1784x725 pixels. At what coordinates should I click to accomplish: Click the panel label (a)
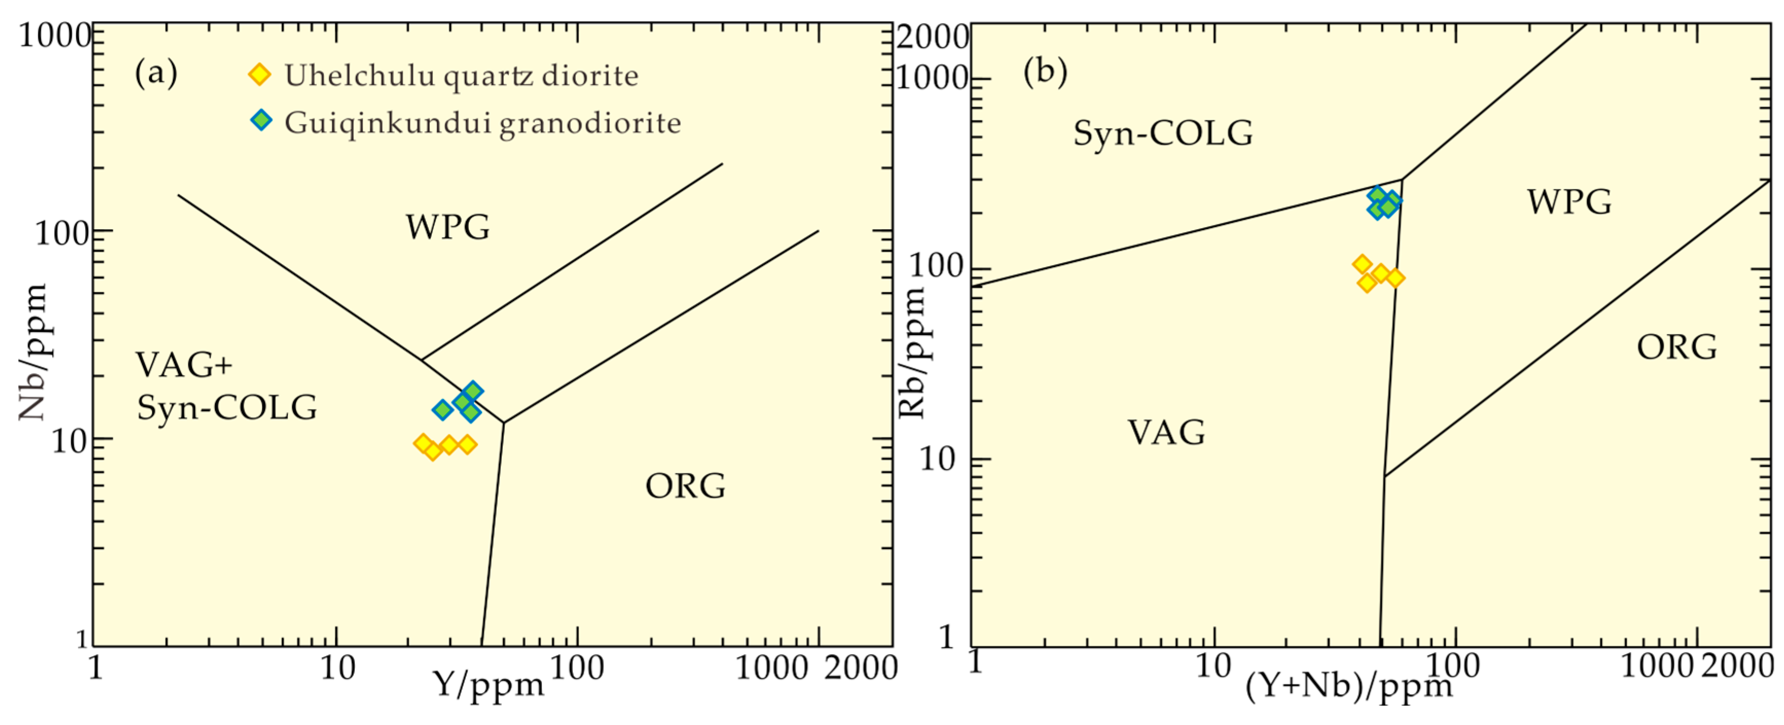coord(156,73)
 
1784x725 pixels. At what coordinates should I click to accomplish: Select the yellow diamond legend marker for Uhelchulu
coord(260,74)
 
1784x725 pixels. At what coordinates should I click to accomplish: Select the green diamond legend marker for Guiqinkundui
coord(260,120)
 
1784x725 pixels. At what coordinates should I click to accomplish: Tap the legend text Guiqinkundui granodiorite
coord(483,123)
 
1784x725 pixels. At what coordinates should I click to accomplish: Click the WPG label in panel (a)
coord(447,227)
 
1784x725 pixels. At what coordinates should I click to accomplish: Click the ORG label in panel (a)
coord(685,486)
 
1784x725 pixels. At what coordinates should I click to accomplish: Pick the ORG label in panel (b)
coord(1677,347)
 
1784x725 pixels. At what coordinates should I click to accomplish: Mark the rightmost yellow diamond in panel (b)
coord(1395,277)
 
